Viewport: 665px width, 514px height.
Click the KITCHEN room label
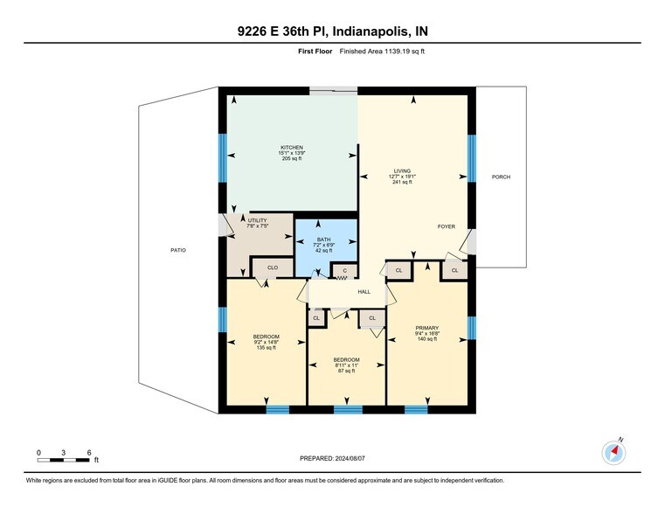292,148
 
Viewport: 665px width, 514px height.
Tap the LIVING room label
402,171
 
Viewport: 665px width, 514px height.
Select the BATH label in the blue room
323,240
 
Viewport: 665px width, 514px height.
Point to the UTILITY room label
258,220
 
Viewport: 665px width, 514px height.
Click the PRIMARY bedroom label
427,328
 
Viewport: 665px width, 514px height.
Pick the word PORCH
501,177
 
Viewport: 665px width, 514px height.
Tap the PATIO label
178,250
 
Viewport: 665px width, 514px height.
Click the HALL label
364,292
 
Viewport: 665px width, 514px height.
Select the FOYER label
447,226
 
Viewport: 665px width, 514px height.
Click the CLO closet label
273,267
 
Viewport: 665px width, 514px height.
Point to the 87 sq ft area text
347,371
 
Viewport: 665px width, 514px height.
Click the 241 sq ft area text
402,182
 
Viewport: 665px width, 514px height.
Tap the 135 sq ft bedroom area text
267,348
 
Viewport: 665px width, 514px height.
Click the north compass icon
613,453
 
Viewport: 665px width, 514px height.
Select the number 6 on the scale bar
89,453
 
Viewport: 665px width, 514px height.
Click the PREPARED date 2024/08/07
350,458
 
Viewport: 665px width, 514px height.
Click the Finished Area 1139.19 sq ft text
382,52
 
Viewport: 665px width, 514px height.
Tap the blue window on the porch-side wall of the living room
472,158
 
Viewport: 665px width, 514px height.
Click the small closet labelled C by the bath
345,271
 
